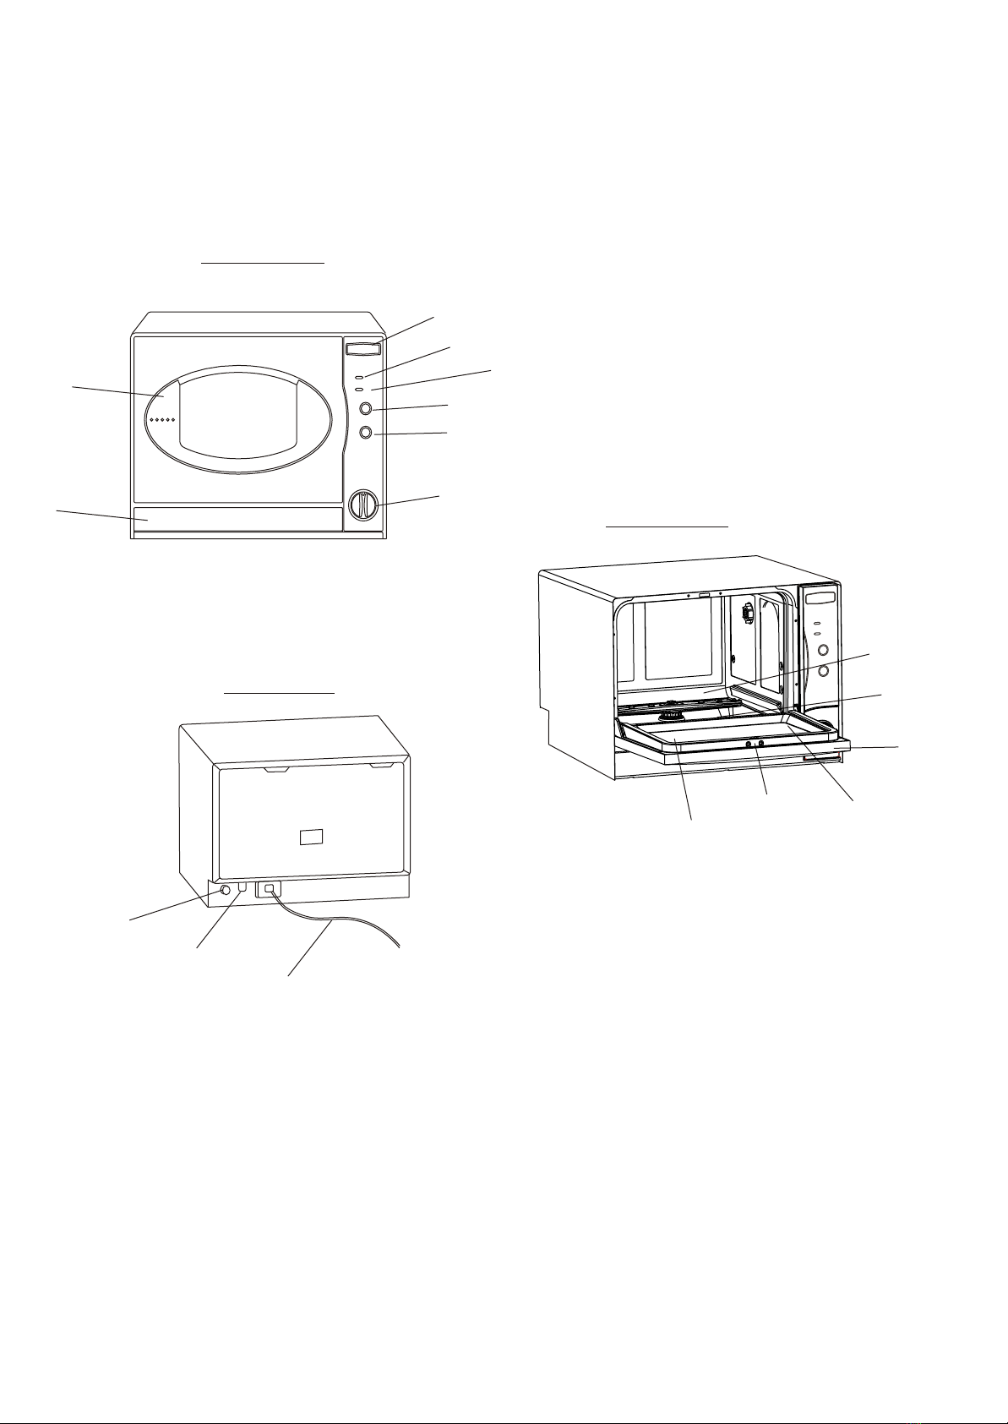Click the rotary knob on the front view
coord(363,504)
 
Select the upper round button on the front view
coord(366,409)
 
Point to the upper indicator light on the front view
coord(360,375)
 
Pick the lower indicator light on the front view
coord(360,389)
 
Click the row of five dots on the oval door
coord(161,420)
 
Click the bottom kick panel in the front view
coord(237,519)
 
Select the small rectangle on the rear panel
coord(312,837)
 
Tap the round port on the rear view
coord(226,890)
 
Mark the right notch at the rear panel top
coord(382,766)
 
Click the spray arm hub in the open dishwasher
coord(672,716)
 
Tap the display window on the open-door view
coord(820,598)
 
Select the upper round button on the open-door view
coord(821,651)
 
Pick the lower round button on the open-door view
coord(822,671)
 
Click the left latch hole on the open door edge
coord(749,743)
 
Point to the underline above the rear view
coord(280,693)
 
